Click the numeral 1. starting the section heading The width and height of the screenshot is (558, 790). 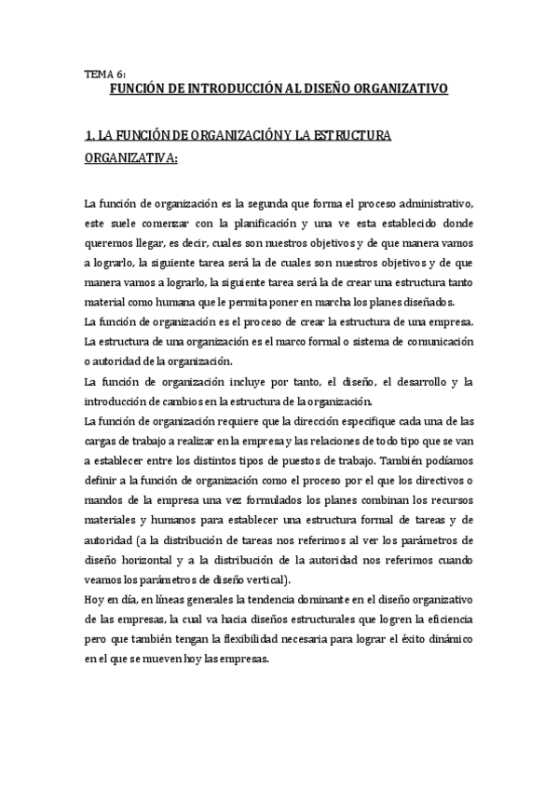89,136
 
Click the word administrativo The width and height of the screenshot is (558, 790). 440,204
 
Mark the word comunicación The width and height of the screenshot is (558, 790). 436,342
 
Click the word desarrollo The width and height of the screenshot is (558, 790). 413,383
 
